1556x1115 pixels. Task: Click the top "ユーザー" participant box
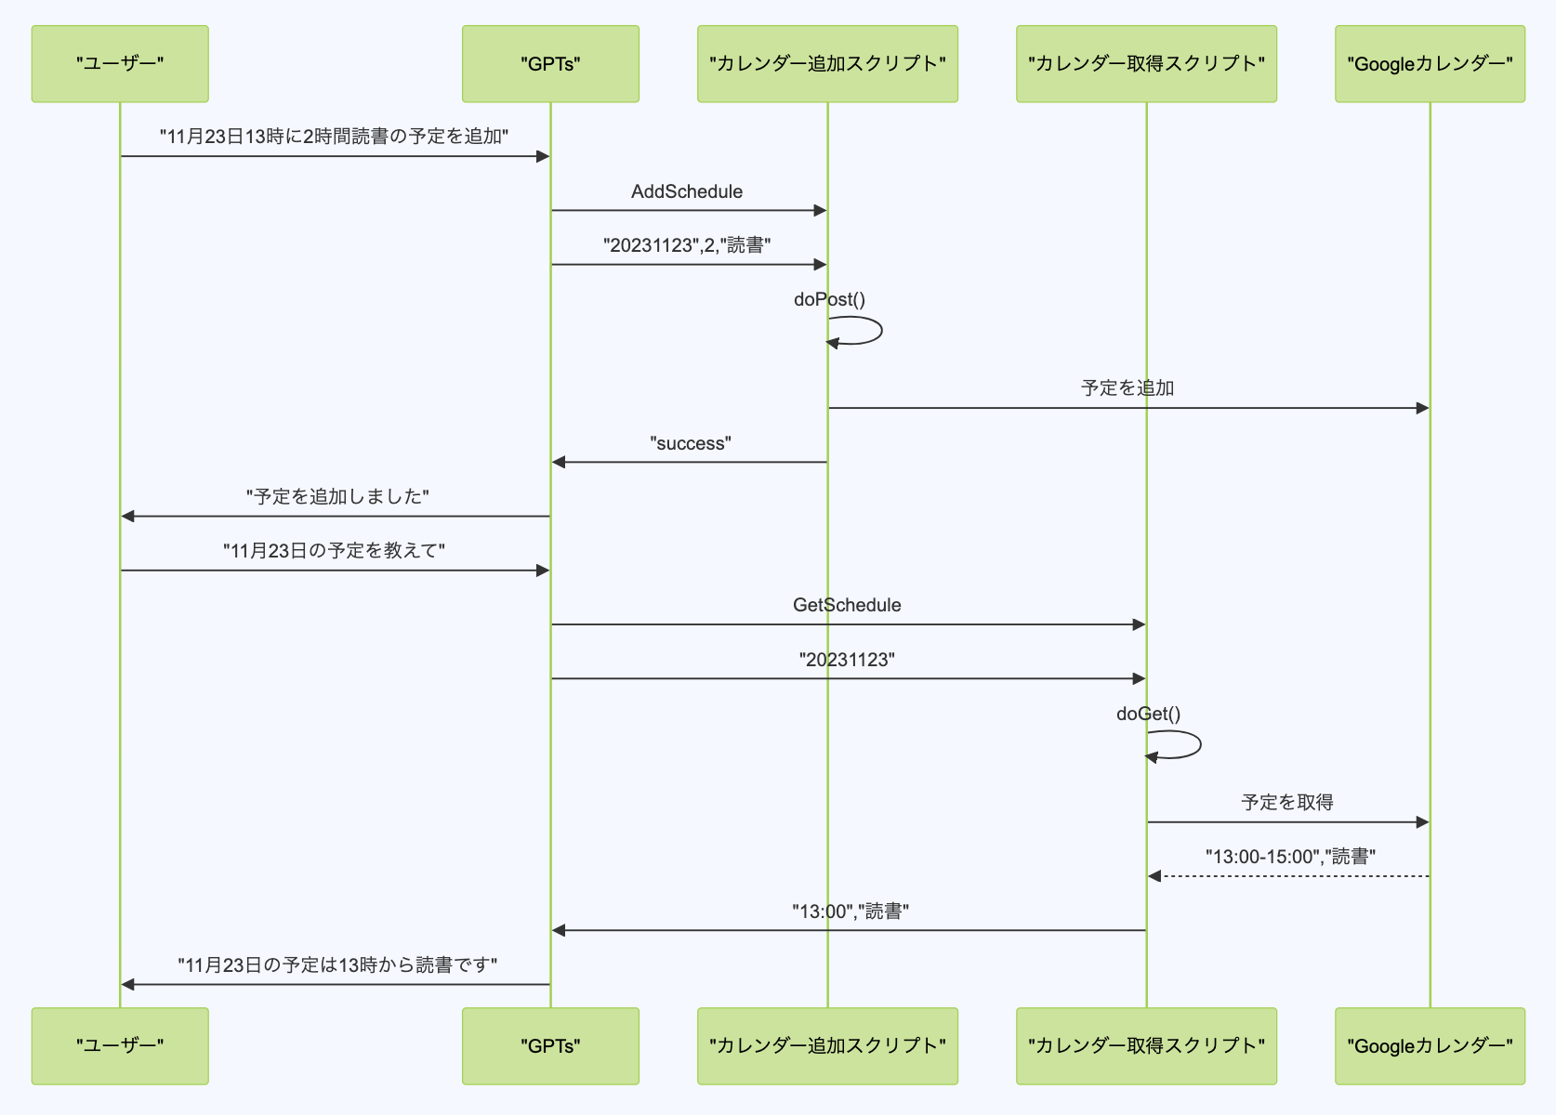[x=120, y=64]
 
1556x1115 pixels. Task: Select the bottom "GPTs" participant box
[x=550, y=1045]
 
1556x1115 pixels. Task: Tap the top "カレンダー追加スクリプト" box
[x=827, y=64]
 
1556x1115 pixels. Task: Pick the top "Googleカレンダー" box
[x=1430, y=64]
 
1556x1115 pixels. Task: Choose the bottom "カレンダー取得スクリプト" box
[x=1146, y=1045]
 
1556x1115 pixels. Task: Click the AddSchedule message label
[x=687, y=191]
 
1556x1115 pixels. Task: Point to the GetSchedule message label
[x=847, y=605]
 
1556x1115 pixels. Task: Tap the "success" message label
[x=691, y=443]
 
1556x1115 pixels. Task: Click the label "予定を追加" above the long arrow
[x=1127, y=387]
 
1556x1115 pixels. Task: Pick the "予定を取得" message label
[x=1287, y=802]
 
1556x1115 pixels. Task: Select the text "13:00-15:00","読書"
[x=1290, y=857]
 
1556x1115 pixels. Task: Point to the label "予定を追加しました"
[x=337, y=497]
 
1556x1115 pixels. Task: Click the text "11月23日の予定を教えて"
[x=334, y=551]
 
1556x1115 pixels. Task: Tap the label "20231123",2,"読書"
[x=687, y=245]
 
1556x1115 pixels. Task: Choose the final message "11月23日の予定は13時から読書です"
[x=337, y=965]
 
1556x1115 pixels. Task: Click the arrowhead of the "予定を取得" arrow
[x=1422, y=822]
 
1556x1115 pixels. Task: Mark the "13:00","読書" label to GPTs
[x=850, y=912]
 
